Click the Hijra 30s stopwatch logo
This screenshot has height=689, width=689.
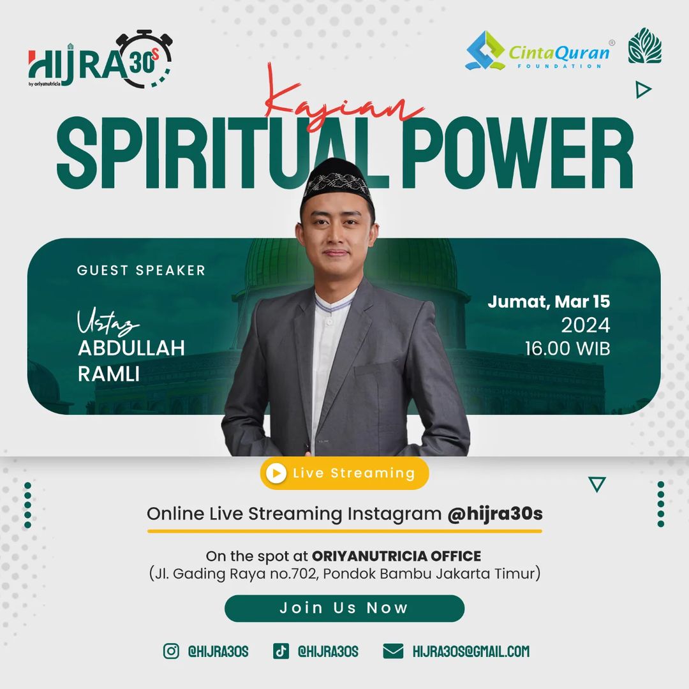pyautogui.click(x=100, y=59)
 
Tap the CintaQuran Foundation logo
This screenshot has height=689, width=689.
pyautogui.click(x=540, y=50)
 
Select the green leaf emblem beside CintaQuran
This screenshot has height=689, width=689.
pyautogui.click(x=644, y=46)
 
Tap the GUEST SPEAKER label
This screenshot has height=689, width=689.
pyautogui.click(x=141, y=270)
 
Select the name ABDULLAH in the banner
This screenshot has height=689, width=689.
pyautogui.click(x=131, y=348)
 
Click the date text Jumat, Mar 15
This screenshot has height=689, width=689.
pyautogui.click(x=549, y=302)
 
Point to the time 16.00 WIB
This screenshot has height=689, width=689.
pyautogui.click(x=567, y=348)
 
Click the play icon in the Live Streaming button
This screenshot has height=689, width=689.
pyautogui.click(x=276, y=473)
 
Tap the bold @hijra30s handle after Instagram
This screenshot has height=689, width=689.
pyautogui.click(x=495, y=513)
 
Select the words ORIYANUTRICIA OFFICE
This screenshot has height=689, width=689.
pyautogui.click(x=396, y=556)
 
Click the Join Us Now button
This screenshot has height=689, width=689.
pyautogui.click(x=344, y=608)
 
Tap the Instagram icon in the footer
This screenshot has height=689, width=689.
pyautogui.click(x=171, y=651)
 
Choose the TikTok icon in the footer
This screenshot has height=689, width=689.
pyautogui.click(x=281, y=651)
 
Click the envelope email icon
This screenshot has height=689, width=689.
pyautogui.click(x=393, y=651)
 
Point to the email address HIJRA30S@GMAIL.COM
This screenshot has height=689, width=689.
pyautogui.click(x=471, y=651)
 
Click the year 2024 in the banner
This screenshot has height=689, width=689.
pyautogui.click(x=585, y=325)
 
